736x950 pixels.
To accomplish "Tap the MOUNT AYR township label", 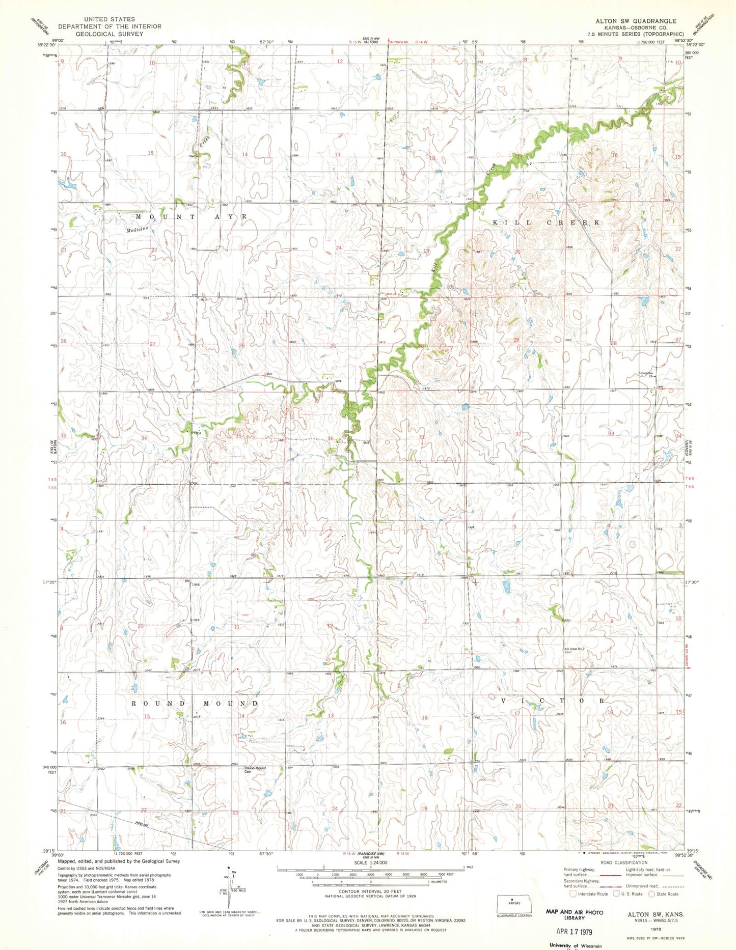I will [192, 217].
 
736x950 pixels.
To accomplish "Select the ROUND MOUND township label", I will [195, 704].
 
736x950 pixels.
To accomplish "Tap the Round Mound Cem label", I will [255, 770].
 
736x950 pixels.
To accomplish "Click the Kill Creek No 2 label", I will [577, 649].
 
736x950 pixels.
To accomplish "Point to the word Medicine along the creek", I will [138, 229].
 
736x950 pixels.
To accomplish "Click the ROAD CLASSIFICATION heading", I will [624, 862].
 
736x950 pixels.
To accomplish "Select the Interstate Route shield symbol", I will [574, 893].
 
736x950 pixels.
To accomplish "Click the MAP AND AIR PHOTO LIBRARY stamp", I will [574, 914].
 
